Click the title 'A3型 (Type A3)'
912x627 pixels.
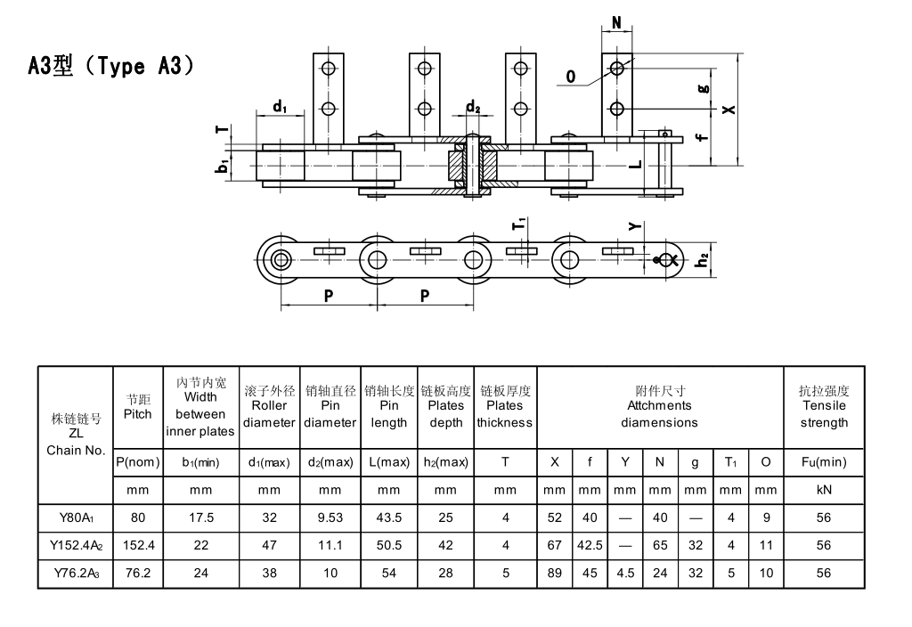pos(111,66)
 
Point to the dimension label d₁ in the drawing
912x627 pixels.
pos(280,107)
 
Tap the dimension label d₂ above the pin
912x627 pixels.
pos(473,109)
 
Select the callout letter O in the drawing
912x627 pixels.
pos(570,77)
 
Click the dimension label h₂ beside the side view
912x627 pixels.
pos(703,259)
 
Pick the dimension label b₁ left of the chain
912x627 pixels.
pos(224,165)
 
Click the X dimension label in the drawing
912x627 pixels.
pos(729,109)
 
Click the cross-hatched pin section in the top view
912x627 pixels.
pos(472,166)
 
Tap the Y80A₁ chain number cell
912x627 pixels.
pos(76,517)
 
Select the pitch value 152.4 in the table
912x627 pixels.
pos(137,545)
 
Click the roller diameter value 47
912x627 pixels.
pos(269,545)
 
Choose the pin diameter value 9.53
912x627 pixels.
pos(330,517)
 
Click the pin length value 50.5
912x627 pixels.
pos(389,545)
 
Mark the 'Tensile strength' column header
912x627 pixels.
pos(824,406)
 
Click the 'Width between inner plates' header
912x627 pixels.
pos(200,406)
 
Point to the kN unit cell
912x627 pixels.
pos(824,490)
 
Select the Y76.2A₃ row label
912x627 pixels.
pos(76,573)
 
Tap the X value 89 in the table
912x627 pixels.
pos(555,573)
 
